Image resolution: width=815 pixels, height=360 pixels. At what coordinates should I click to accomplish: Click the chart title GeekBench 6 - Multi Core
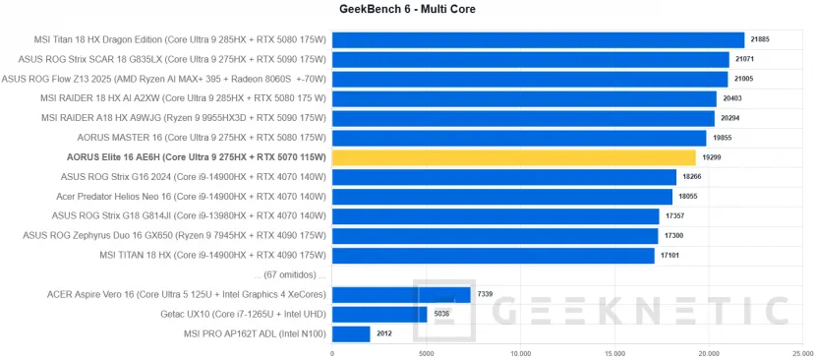pyautogui.click(x=407, y=10)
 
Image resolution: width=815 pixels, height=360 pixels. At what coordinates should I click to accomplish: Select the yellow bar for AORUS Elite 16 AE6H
pyautogui.click(x=513, y=157)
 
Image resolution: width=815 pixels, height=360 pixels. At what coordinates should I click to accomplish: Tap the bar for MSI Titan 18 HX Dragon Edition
pyautogui.click(x=538, y=39)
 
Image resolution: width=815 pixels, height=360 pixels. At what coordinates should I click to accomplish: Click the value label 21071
pyautogui.click(x=746, y=59)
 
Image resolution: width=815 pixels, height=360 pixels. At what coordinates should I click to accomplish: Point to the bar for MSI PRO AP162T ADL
pyautogui.click(x=351, y=334)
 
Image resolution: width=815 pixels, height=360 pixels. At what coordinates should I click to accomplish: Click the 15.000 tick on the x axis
pyautogui.click(x=614, y=353)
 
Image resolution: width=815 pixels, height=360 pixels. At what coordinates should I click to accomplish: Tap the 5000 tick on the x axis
pyautogui.click(x=426, y=353)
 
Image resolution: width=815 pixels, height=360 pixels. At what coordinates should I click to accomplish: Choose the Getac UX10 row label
pyautogui.click(x=243, y=315)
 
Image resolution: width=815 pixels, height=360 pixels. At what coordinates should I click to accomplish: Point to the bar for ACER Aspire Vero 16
pyautogui.click(x=401, y=294)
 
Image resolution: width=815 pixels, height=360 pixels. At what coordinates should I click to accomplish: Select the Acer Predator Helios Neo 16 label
pyautogui.click(x=191, y=197)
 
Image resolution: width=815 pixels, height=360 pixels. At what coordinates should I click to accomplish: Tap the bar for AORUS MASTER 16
pyautogui.click(x=519, y=138)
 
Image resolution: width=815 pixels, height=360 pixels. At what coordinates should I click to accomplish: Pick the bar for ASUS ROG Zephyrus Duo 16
pyautogui.click(x=495, y=236)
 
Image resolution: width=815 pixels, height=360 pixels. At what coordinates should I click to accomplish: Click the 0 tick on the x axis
pyautogui.click(x=332, y=353)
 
